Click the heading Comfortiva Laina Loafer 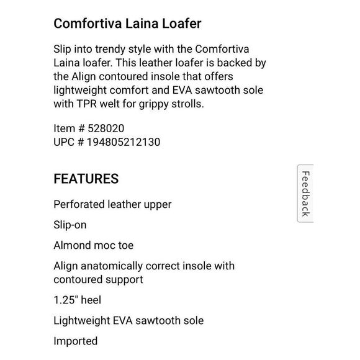128,24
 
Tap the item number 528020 106,129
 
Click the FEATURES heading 86,179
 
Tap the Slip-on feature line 70,224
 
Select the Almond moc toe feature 93,245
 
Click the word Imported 75,341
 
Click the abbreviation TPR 88,104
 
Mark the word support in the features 123,279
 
